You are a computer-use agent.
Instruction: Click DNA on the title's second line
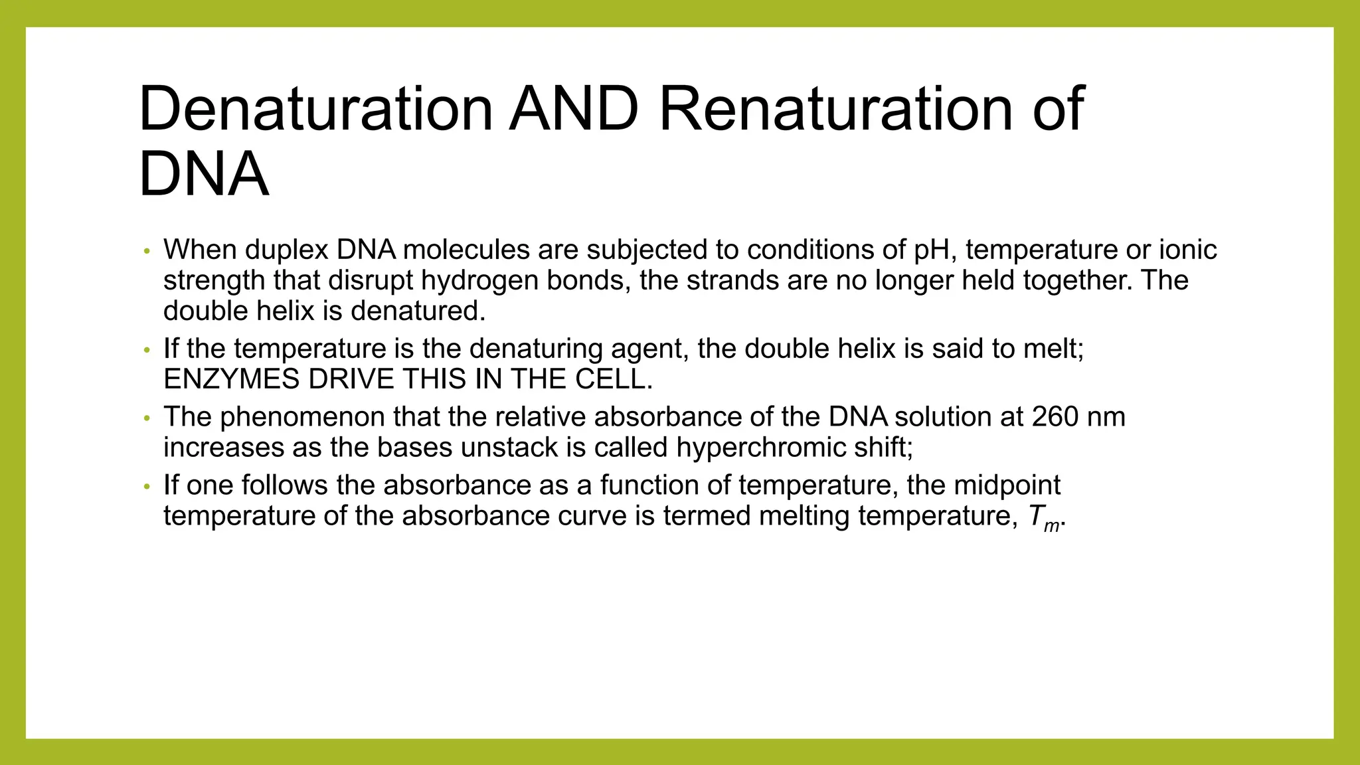pyautogui.click(x=204, y=174)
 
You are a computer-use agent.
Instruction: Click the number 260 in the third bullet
pyautogui.click(x=1055, y=417)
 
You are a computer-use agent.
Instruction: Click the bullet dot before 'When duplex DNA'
pyautogui.click(x=147, y=251)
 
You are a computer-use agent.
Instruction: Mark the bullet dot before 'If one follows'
pyautogui.click(x=147, y=487)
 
